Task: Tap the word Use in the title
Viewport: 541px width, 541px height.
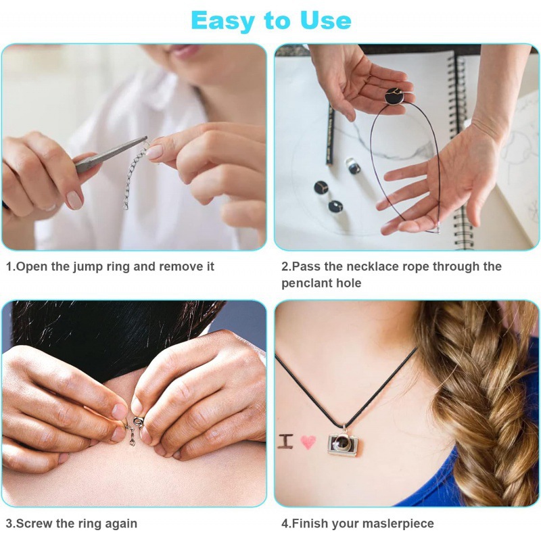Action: [323, 20]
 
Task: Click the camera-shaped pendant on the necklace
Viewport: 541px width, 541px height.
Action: [343, 443]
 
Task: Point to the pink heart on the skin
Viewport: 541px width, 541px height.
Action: [308, 442]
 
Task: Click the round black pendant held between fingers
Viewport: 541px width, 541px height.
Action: [394, 97]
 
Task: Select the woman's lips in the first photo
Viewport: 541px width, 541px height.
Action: [185, 51]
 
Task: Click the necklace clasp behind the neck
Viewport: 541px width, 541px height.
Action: [135, 426]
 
